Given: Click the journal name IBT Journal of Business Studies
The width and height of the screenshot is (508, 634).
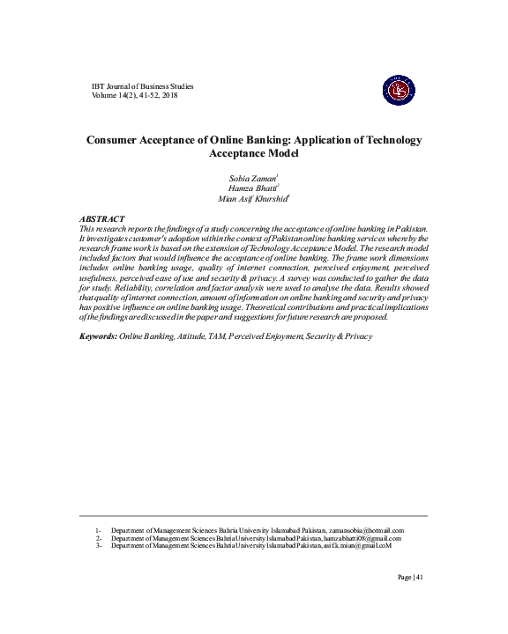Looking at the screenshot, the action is click(142, 85).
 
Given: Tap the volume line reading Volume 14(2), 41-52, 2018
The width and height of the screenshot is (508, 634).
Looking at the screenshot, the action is click(141, 94).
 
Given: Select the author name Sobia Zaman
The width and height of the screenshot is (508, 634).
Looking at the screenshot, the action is click(252, 178).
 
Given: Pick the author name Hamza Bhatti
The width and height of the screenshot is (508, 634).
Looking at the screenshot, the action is click(252, 188).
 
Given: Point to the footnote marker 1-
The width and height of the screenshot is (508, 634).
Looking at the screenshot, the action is click(99, 531).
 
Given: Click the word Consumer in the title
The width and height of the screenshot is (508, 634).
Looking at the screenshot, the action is click(117, 140).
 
